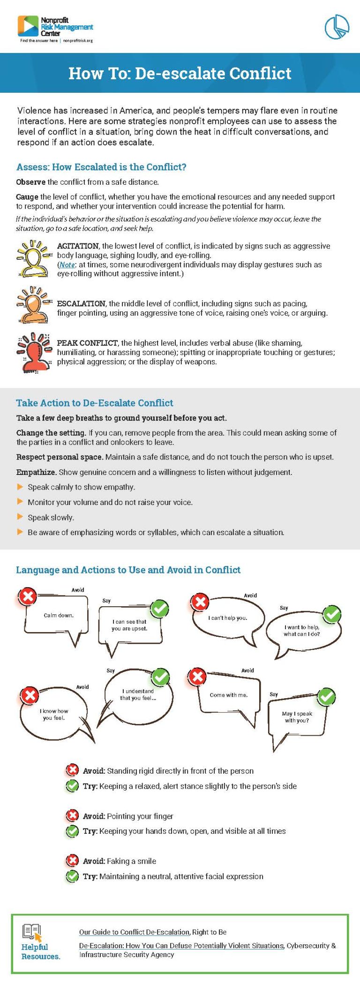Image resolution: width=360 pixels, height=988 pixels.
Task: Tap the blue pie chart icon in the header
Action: [337, 27]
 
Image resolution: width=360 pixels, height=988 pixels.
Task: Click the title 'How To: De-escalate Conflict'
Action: [180, 74]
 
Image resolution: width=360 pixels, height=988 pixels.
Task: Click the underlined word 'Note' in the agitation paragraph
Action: [67, 265]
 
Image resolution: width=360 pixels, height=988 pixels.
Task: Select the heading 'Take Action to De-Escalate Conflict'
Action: [94, 403]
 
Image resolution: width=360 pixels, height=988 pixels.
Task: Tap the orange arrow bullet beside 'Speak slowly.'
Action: [20, 517]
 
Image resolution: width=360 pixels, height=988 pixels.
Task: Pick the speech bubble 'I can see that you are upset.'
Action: [129, 626]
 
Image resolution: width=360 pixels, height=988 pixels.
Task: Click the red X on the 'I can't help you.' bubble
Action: [200, 602]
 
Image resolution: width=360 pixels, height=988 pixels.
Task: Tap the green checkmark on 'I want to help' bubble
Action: [332, 614]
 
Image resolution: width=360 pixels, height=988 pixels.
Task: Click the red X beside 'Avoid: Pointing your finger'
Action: [72, 816]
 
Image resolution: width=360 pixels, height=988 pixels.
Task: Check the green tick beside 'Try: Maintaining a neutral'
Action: [72, 876]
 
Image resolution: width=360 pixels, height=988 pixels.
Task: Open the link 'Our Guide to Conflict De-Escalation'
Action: [134, 932]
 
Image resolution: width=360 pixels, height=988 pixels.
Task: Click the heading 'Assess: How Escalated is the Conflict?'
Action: [101, 167]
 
